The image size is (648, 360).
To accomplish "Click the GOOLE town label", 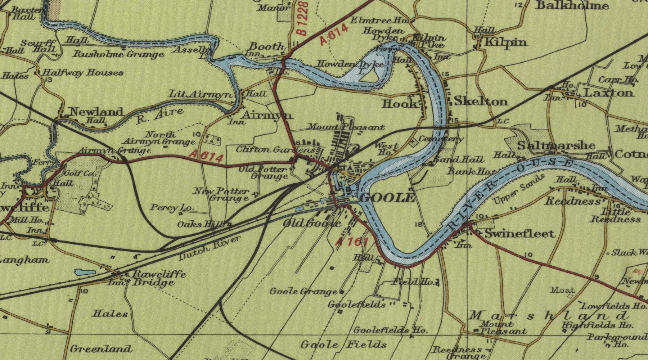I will coord(387,198).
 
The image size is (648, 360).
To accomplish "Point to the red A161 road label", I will coord(352,242).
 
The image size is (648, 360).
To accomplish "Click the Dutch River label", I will coord(209,249).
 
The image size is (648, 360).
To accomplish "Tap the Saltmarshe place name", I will coord(556,145).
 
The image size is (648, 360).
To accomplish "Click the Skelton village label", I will coord(481,102).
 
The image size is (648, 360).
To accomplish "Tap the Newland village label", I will coord(96,112).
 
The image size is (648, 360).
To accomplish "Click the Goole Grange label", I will coord(303,291).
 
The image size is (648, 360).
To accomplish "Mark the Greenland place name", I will coord(101,348).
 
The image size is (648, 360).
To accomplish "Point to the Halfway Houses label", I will coord(83,73).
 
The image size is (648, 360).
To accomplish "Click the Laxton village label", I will coord(608,93).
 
